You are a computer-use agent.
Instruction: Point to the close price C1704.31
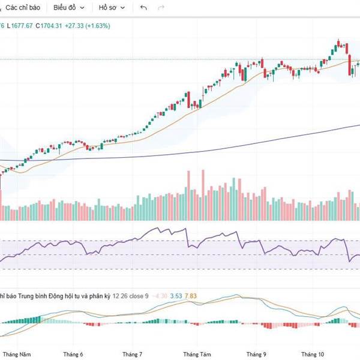tap(50, 26)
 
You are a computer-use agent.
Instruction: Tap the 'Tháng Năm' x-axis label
tap(17, 355)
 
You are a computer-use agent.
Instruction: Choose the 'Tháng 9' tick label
tap(256, 355)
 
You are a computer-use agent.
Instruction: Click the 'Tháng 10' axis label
tap(312, 355)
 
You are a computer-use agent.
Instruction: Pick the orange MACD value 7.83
tap(191, 295)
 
